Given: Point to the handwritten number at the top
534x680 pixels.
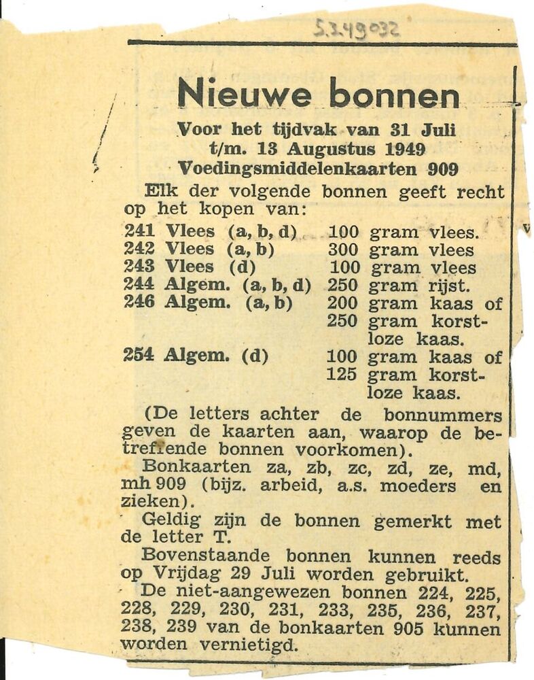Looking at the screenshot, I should pos(357,28).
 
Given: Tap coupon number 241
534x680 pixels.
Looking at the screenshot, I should pos(139,232).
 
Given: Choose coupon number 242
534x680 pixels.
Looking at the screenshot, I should pos(139,249).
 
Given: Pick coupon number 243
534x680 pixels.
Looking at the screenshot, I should pos(139,267).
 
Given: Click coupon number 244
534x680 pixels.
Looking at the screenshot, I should pos(139,285).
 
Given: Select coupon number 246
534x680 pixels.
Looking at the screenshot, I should pos(139,303).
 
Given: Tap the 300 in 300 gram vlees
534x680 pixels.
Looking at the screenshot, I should pos(342,250).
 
